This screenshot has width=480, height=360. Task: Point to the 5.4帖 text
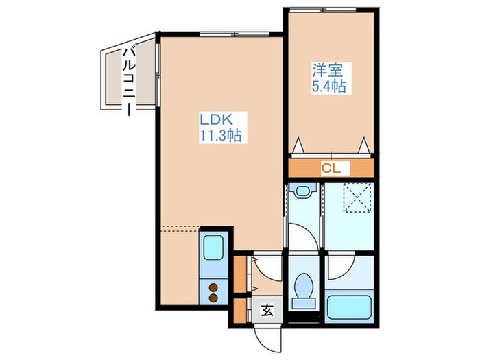328,86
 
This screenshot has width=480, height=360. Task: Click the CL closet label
331,168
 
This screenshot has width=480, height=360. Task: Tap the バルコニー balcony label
128,80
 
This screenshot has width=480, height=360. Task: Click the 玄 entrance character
267,311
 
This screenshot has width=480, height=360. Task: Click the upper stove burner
213,287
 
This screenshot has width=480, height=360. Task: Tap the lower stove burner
213,298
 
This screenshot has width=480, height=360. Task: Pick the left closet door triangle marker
299,144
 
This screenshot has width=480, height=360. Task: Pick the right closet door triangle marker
364,144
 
